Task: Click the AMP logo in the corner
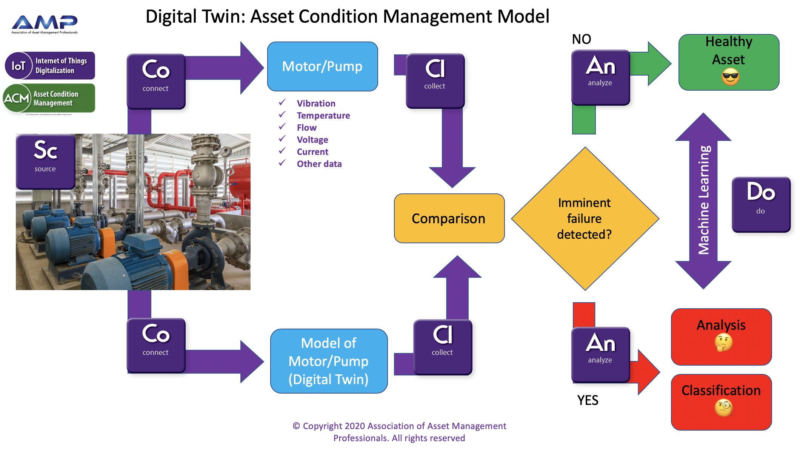(x=45, y=24)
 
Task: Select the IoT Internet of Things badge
(x=50, y=66)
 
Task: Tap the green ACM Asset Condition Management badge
(x=49, y=98)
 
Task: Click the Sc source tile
(x=45, y=161)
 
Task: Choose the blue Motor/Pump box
(x=322, y=66)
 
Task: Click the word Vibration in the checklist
(x=316, y=103)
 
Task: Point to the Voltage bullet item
(x=312, y=140)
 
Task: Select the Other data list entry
(x=319, y=164)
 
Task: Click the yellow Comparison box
(x=449, y=218)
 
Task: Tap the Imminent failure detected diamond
(x=585, y=218)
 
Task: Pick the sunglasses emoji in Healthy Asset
(x=730, y=77)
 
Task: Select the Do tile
(x=761, y=204)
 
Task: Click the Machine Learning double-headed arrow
(x=703, y=200)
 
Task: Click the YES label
(x=588, y=400)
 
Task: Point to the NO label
(x=581, y=39)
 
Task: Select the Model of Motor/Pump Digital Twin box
(x=329, y=361)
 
